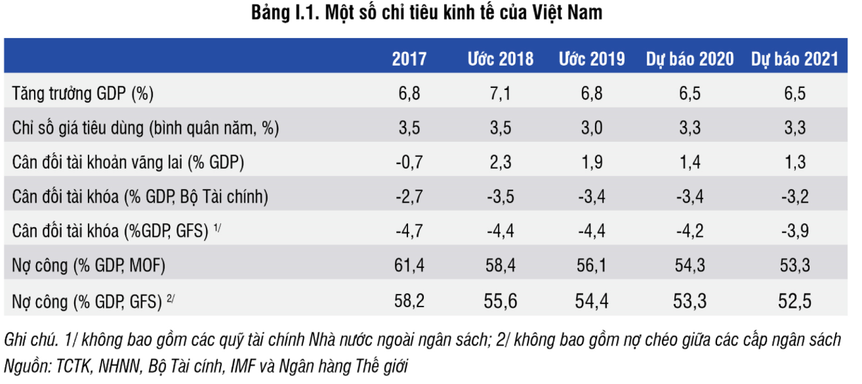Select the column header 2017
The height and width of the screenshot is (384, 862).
409,59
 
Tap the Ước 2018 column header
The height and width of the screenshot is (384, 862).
501,59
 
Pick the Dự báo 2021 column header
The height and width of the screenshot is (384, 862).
794,59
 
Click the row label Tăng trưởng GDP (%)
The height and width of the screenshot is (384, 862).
83,94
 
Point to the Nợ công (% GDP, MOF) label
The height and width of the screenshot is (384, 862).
89,266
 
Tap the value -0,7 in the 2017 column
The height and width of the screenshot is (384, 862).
409,163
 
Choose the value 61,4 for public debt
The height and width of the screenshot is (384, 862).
409,266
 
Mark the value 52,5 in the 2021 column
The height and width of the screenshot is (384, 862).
794,301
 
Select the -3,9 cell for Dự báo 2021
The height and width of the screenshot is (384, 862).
794,232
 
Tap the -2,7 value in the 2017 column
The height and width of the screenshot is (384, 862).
409,197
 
